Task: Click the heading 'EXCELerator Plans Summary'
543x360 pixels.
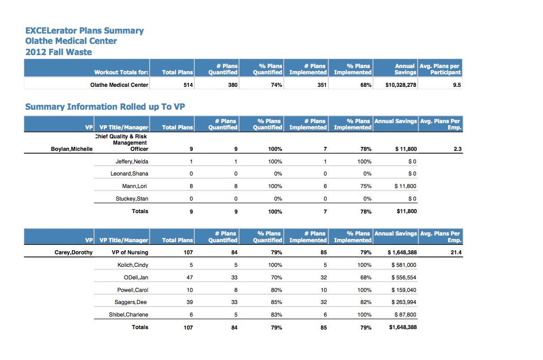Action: (x=84, y=31)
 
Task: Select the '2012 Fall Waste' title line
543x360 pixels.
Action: (x=59, y=52)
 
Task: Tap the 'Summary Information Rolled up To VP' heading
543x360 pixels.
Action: (x=105, y=107)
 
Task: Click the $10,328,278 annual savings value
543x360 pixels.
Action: (x=401, y=85)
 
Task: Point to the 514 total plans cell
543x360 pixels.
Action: (x=188, y=85)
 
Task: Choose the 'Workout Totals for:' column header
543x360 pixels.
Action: (x=121, y=72)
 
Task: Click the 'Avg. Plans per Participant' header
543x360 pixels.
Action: (x=440, y=69)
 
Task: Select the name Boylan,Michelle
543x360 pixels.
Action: (x=72, y=149)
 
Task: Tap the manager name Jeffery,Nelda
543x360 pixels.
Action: (x=132, y=162)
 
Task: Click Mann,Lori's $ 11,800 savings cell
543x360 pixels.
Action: (x=405, y=186)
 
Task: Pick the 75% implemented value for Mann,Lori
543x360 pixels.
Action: (x=366, y=186)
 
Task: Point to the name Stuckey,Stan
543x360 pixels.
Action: (x=132, y=199)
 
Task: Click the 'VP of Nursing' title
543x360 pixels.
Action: (x=130, y=253)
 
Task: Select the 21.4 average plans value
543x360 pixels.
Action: (x=456, y=253)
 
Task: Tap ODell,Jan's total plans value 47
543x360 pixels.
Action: (x=189, y=277)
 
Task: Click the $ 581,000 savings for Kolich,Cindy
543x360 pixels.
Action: (x=404, y=265)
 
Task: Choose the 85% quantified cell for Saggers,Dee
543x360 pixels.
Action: (x=276, y=302)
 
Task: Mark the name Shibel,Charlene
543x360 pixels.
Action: (x=128, y=315)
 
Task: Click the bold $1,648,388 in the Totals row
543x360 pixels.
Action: (x=403, y=327)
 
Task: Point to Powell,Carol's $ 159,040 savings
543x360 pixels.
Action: (x=404, y=290)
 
